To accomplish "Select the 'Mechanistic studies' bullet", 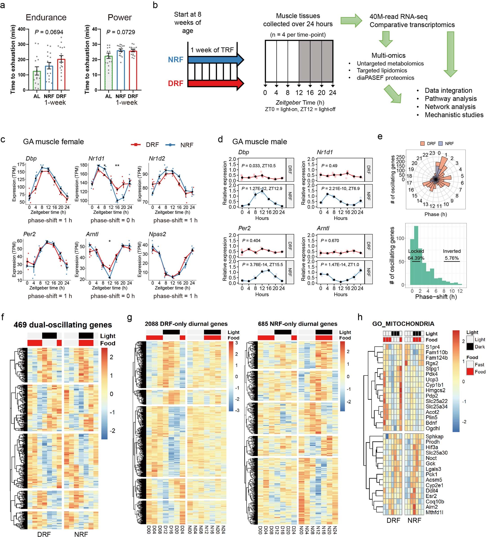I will click(454, 115).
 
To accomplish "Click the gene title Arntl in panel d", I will click(323, 228).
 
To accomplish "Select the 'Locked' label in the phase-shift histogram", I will click(416, 251).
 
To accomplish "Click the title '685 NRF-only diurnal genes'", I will click(297, 324).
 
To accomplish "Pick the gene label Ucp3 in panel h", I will click(432, 380).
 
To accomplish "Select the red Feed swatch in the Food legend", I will click(470, 372).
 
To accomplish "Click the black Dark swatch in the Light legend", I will click(470, 347).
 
